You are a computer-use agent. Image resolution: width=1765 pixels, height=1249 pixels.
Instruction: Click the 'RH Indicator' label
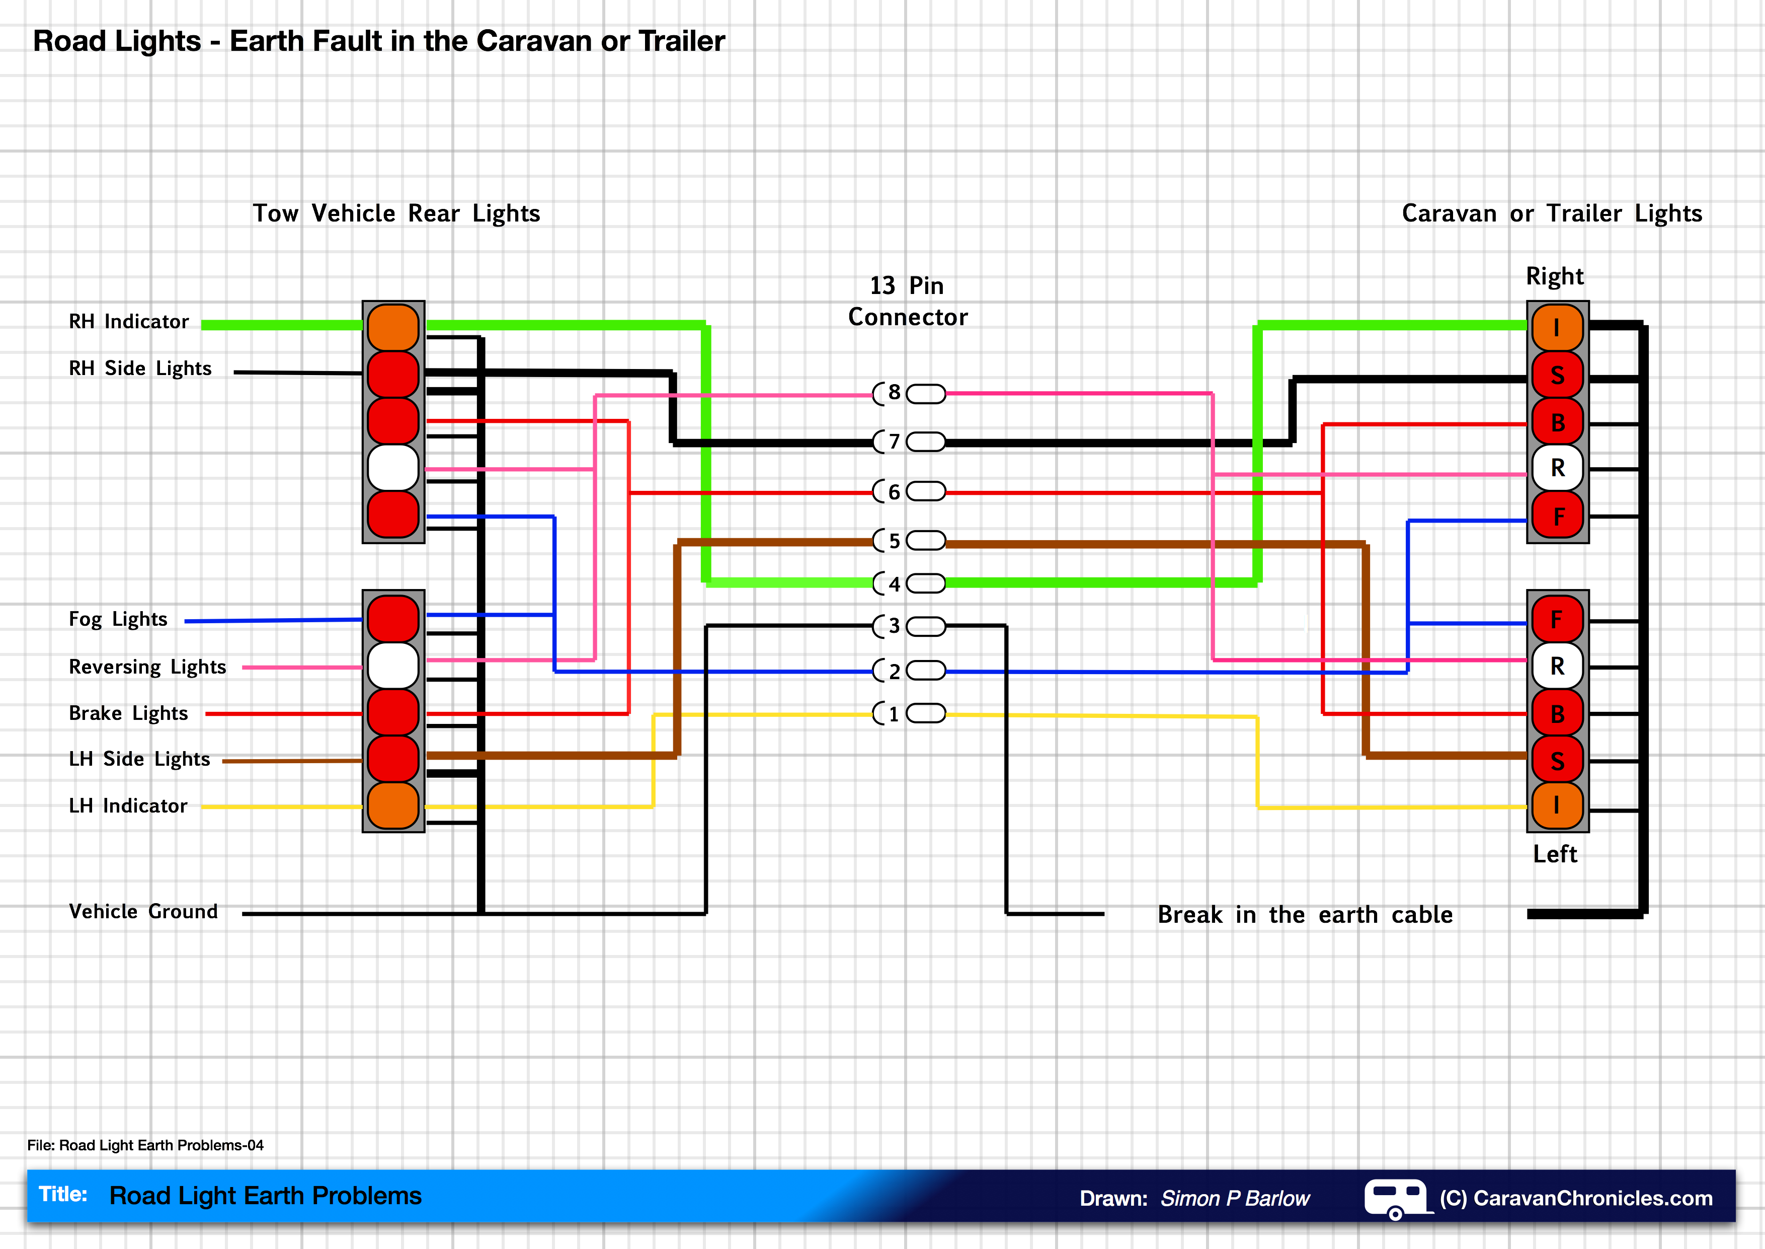[128, 322]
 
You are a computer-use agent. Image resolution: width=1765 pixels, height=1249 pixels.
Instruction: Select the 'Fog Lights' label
[118, 619]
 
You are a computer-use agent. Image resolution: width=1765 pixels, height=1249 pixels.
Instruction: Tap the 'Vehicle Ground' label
[143, 911]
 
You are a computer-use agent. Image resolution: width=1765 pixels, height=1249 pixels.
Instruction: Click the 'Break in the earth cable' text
[1305, 914]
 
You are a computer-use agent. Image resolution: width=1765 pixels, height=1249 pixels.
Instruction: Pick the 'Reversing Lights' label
[147, 667]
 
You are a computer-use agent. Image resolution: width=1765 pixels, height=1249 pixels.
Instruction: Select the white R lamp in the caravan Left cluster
[1557, 666]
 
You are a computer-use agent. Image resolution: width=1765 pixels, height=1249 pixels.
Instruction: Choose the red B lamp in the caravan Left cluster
[1557, 714]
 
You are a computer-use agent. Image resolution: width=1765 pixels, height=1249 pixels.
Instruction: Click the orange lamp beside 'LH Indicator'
[393, 806]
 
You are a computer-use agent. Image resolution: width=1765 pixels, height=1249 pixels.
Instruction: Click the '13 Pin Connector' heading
[907, 302]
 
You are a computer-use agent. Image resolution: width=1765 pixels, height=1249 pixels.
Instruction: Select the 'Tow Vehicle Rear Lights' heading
[396, 213]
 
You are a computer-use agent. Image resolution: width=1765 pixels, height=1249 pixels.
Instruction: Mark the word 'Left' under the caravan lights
[1554, 854]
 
